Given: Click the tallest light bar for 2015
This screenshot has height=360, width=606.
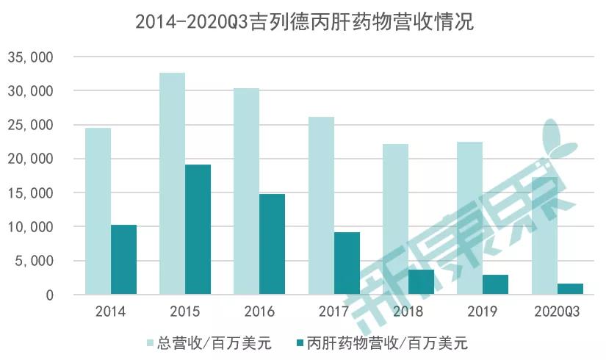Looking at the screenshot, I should pyautogui.click(x=173, y=184).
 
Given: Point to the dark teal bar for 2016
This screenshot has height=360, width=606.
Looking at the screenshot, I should pyautogui.click(x=272, y=244).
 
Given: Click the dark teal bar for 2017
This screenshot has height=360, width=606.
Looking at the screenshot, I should pyautogui.click(x=347, y=263).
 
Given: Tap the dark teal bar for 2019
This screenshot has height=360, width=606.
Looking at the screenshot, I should pyautogui.click(x=495, y=284).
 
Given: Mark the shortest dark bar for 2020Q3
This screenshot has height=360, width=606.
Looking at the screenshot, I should pyautogui.click(x=569, y=289).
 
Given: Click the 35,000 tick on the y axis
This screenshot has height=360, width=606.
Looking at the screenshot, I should pyautogui.click(x=30, y=57).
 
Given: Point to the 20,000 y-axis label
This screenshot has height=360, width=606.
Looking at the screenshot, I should pyautogui.click(x=30, y=159).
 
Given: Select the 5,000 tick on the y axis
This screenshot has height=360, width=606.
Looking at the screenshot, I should pyautogui.click(x=34, y=261).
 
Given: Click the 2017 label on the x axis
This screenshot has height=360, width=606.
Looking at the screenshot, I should pyautogui.click(x=333, y=312).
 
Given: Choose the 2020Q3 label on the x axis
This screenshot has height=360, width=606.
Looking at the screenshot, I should pyautogui.click(x=556, y=312).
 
